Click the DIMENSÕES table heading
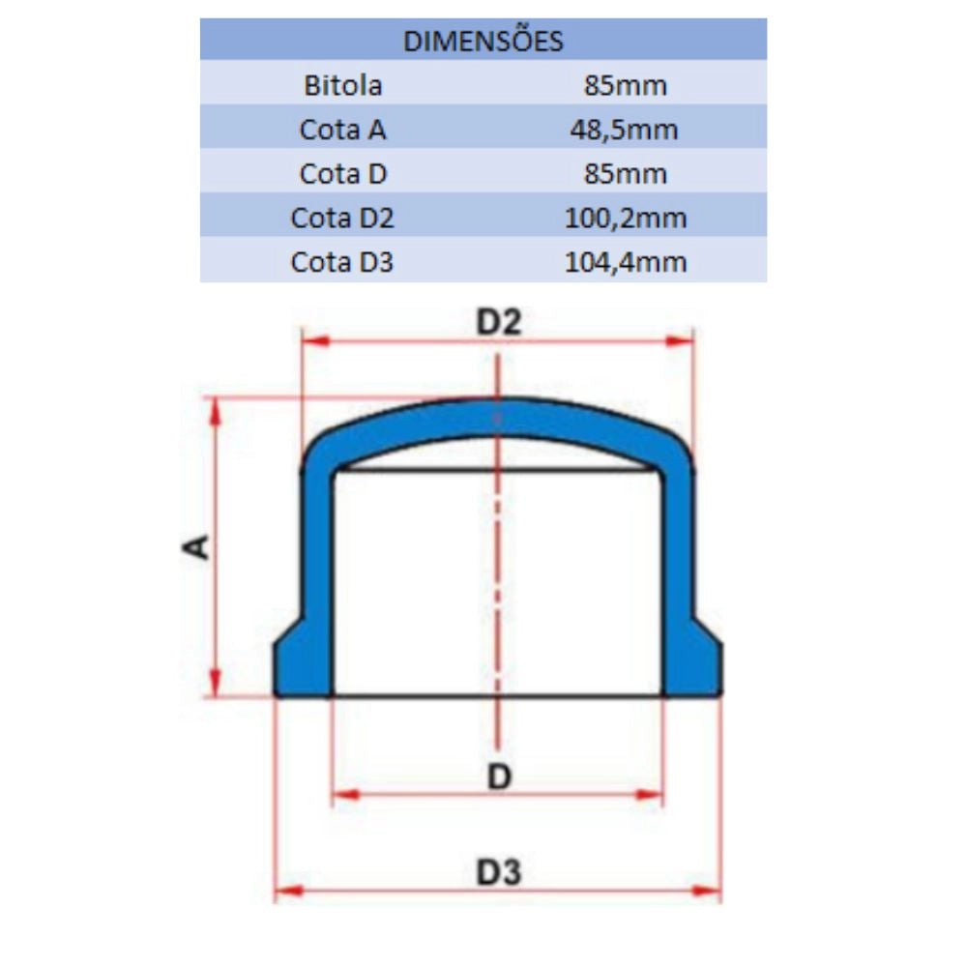[483, 41]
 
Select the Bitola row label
[343, 85]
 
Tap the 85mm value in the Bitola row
[626, 85]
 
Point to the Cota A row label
[343, 129]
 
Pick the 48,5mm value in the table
[626, 129]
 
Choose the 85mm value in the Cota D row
[626, 173]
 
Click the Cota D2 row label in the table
[343, 218]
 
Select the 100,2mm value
[626, 218]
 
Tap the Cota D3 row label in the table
[343, 261]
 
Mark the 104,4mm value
[626, 261]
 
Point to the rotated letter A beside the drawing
[197, 547]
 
